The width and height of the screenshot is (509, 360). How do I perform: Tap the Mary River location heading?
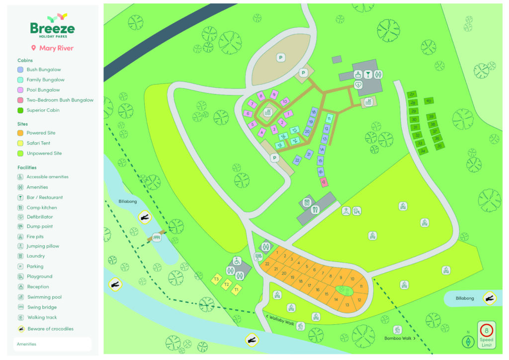[x=52, y=48]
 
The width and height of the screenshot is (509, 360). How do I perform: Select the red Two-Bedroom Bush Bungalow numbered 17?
[x=324, y=182]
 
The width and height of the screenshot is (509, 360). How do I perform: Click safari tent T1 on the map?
[x=237, y=289]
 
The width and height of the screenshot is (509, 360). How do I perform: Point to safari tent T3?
[x=216, y=279]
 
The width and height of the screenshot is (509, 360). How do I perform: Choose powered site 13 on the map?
[x=347, y=305]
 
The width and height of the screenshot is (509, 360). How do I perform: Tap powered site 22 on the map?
[x=267, y=264]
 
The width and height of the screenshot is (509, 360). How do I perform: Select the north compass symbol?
[x=467, y=342]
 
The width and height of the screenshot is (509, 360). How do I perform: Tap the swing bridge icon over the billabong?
[x=157, y=238]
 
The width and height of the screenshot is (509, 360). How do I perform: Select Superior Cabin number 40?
[x=428, y=100]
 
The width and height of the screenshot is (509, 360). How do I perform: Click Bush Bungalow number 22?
[x=297, y=160]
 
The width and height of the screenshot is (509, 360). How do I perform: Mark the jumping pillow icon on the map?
[x=346, y=211]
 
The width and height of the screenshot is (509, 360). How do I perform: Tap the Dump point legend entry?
[x=39, y=226]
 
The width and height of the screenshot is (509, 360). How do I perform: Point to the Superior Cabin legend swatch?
[x=20, y=110]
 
